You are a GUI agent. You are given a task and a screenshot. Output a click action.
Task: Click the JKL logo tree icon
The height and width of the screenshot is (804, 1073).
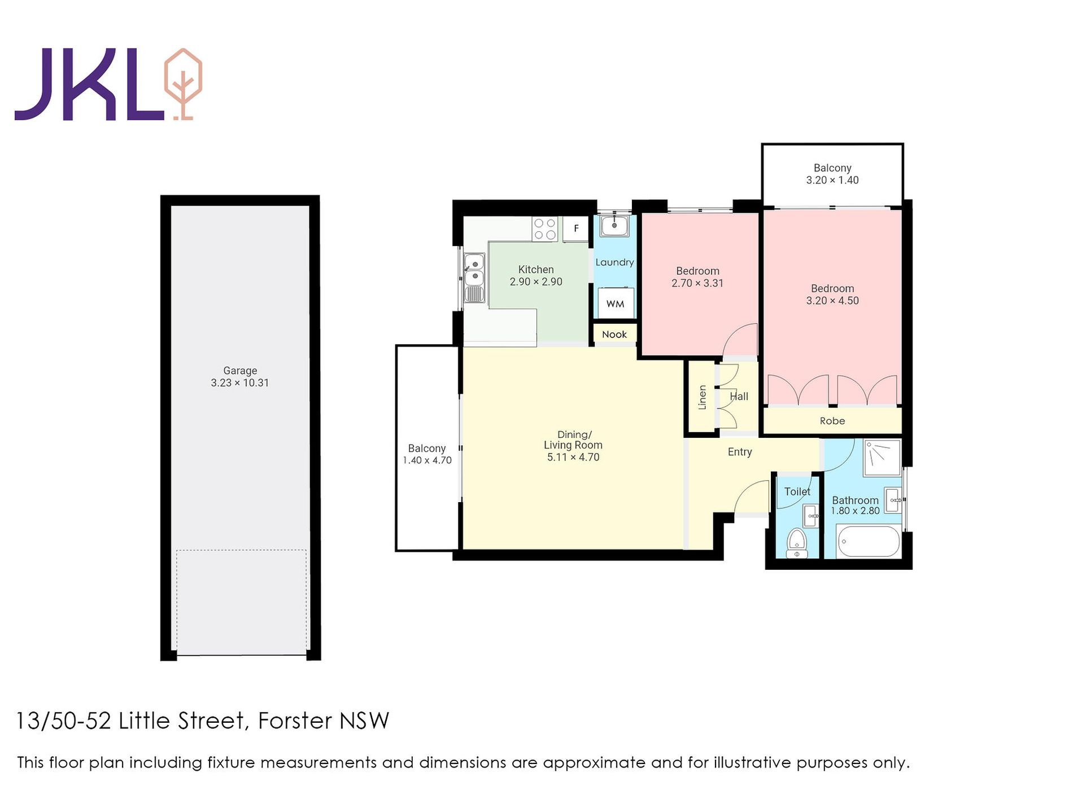point(182,84)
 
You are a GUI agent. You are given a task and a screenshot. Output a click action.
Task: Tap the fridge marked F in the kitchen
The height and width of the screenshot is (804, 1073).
point(575,229)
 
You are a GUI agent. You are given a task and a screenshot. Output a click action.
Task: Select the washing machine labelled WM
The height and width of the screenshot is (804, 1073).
point(616,304)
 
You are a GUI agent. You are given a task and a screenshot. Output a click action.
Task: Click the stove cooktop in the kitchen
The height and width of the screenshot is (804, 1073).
point(545,229)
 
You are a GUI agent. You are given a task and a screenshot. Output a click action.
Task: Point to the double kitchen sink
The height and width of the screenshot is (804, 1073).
point(474,278)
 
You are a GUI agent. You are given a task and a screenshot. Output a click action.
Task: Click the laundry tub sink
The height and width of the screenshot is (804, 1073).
point(614,226)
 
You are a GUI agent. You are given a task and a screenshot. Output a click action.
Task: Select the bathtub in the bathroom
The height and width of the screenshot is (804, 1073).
point(869,541)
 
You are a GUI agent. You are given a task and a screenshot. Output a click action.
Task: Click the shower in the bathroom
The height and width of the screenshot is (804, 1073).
point(882,458)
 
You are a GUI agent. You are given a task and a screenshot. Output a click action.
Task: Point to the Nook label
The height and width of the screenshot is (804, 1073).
point(614,335)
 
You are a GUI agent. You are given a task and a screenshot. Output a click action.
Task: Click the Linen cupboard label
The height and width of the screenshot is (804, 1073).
point(703,397)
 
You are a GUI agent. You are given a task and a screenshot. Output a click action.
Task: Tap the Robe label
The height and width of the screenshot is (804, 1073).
point(832,421)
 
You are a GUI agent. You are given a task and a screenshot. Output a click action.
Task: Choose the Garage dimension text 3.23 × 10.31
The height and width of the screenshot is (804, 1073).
point(240,383)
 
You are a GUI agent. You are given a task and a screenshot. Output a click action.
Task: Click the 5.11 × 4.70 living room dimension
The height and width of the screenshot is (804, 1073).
point(573,457)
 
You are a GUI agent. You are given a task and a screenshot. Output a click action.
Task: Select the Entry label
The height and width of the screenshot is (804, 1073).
point(740,452)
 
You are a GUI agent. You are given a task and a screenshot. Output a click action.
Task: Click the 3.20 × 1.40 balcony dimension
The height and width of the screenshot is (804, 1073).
point(832,180)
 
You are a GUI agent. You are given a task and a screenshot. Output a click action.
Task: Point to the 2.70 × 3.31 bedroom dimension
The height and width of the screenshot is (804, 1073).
point(697,283)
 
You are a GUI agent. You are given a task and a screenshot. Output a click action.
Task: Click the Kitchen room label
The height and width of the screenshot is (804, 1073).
point(536,270)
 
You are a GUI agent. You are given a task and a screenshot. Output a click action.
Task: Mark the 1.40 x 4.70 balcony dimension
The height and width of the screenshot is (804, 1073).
point(427,460)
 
